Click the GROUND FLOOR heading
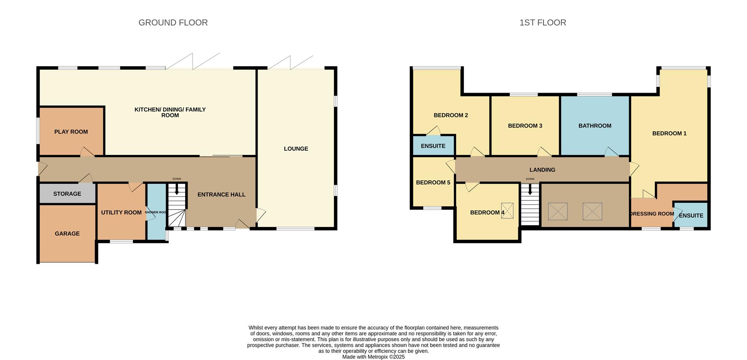[x=173, y=23]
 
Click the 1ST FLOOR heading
[x=542, y=23]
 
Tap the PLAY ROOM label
[x=71, y=132]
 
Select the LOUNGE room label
[x=296, y=149]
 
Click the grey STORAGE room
[x=67, y=194]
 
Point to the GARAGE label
[x=67, y=234]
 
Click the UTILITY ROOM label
[x=121, y=212]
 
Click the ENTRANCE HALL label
[x=221, y=195]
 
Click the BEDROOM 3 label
[x=525, y=126]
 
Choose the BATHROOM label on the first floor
[x=594, y=126]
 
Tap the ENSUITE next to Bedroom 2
[x=433, y=146]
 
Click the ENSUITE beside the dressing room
[x=691, y=216]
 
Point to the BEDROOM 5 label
[x=433, y=183]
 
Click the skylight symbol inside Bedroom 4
[x=507, y=211]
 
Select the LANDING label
[x=542, y=170]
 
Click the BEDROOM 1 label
[x=669, y=133]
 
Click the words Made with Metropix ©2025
[x=373, y=357]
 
